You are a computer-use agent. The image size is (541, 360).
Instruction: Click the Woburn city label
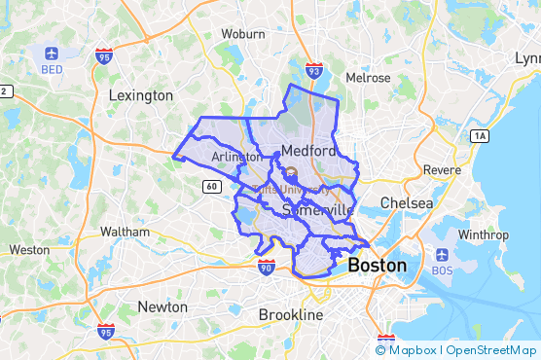pyautogui.click(x=243, y=33)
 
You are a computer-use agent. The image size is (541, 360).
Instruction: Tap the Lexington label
pyautogui.click(x=141, y=95)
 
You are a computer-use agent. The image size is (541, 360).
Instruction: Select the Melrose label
pyautogui.click(x=369, y=77)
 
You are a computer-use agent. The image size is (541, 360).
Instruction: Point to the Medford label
pyautogui.click(x=308, y=151)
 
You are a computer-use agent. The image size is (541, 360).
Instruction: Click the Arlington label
pyautogui.click(x=235, y=156)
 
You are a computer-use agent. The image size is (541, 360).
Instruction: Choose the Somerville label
pyautogui.click(x=316, y=210)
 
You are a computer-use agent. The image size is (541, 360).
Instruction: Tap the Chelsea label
pyautogui.click(x=406, y=202)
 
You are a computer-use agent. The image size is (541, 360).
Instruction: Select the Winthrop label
pyautogui.click(x=483, y=234)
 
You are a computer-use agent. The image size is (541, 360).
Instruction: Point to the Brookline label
pyautogui.click(x=290, y=314)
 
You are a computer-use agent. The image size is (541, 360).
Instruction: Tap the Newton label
pyautogui.click(x=162, y=306)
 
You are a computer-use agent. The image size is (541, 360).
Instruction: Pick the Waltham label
pyautogui.click(x=126, y=232)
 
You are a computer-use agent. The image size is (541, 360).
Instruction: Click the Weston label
pyautogui.click(x=29, y=249)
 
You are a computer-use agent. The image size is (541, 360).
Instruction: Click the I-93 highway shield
pyautogui.click(x=313, y=70)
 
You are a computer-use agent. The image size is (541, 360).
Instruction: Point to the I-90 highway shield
pyautogui.click(x=266, y=267)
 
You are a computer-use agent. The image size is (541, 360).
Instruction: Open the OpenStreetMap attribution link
pyautogui.click(x=491, y=349)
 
